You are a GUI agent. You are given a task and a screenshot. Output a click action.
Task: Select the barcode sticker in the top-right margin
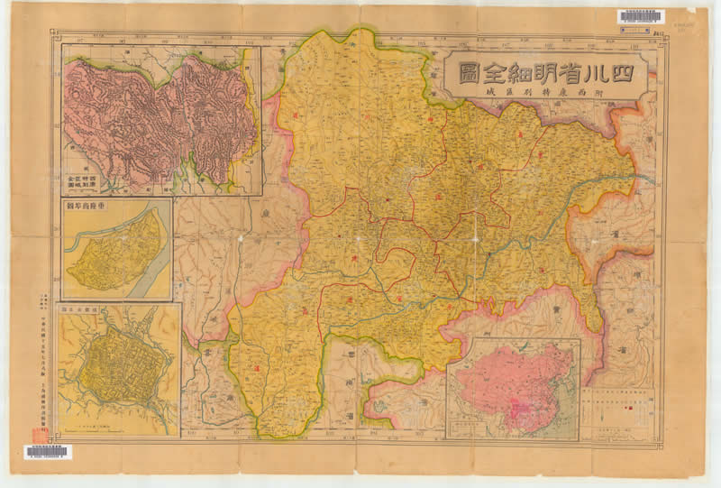[x=641, y=17]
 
